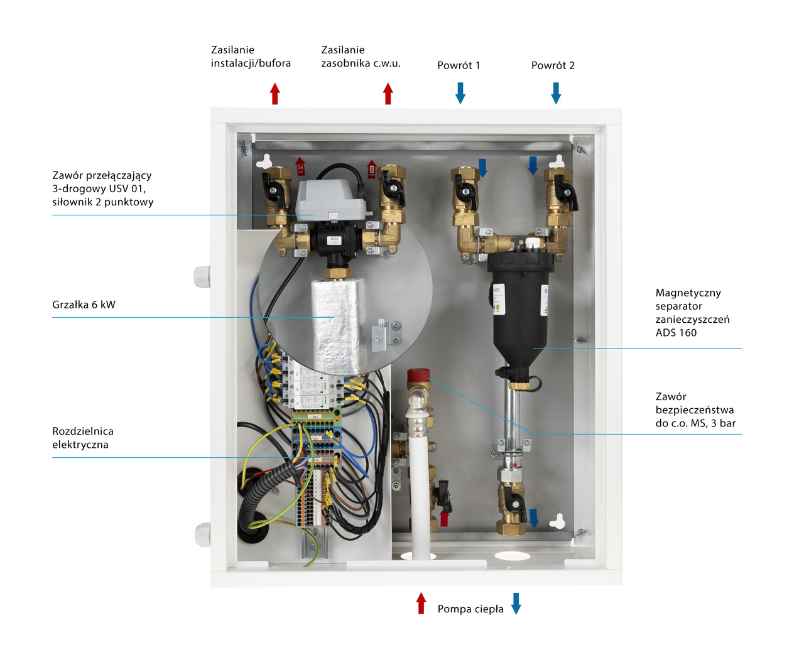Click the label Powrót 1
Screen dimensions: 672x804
pyautogui.click(x=459, y=65)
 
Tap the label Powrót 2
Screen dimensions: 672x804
pyautogui.click(x=553, y=65)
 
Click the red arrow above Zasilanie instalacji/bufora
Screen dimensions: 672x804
pyautogui.click(x=274, y=94)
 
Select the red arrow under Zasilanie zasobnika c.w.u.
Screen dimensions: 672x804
pyautogui.click(x=388, y=94)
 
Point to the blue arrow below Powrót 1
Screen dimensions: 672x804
pyautogui.click(x=460, y=93)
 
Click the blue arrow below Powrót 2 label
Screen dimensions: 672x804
pyautogui.click(x=556, y=93)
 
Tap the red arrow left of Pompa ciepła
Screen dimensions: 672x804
pyautogui.click(x=421, y=603)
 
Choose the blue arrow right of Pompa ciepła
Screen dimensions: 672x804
pyautogui.click(x=516, y=603)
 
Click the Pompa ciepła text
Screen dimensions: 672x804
pyautogui.click(x=470, y=609)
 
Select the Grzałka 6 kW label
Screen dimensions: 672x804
pyautogui.click(x=84, y=305)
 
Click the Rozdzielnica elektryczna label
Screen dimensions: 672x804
pyautogui.click(x=83, y=438)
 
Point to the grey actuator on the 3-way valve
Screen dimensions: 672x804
pyautogui.click(x=329, y=198)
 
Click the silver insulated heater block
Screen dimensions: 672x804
pyautogui.click(x=339, y=327)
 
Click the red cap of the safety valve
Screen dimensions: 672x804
pyautogui.click(x=418, y=376)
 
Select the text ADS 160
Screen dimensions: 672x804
pyautogui.click(x=676, y=333)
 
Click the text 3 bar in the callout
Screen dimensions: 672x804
pyautogui.click(x=723, y=423)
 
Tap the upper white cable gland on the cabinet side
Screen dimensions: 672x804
pyautogui.click(x=202, y=276)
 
